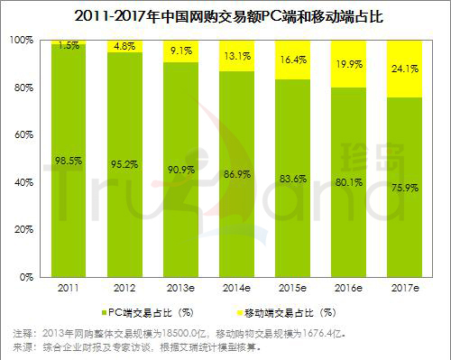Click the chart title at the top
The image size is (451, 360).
225,14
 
